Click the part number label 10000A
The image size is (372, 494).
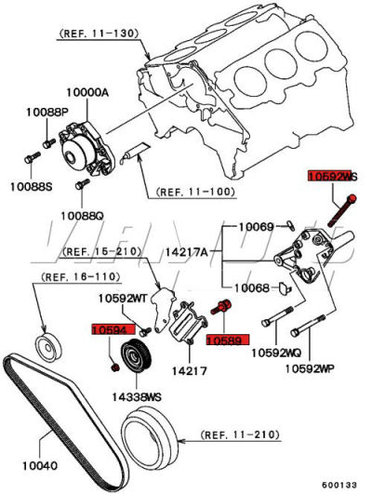87,93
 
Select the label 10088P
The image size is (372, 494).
42,113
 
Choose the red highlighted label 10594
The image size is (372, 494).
109,328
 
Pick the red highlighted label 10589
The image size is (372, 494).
224,341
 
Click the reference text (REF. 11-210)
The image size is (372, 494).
241,434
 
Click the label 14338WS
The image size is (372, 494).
137,397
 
